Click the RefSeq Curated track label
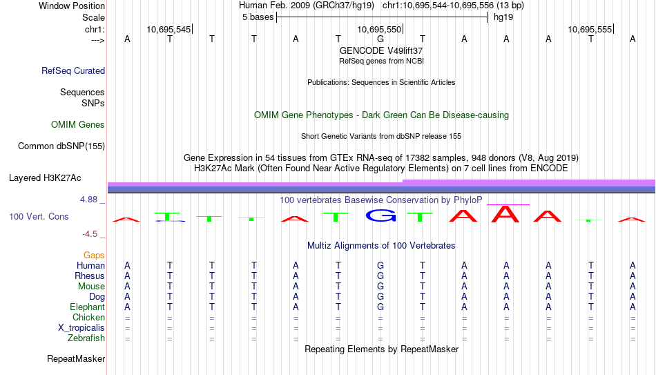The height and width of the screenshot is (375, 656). coord(73,70)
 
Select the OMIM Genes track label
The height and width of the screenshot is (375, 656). coord(78,125)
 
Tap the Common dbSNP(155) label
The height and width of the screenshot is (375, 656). coord(61,146)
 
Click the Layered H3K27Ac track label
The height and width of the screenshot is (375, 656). coord(45,178)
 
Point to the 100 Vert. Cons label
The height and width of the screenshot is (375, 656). coord(39,216)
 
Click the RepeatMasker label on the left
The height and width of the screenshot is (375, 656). coord(76,358)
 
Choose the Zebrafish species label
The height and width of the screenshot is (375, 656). coord(86,338)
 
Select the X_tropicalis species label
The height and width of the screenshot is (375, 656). coord(81,328)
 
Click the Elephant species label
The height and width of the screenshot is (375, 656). coord(87,307)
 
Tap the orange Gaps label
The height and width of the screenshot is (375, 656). coord(94,256)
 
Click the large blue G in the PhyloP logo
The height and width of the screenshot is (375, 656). coord(380,215)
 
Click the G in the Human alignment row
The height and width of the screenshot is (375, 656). coord(380,265)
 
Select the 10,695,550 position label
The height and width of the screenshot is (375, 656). coord(379,29)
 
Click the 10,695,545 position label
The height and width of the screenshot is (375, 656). coord(168,29)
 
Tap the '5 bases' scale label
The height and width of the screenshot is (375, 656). coord(258,17)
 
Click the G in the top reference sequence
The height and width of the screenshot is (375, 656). coord(380,39)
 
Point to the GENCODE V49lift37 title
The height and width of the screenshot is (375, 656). coord(381,50)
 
